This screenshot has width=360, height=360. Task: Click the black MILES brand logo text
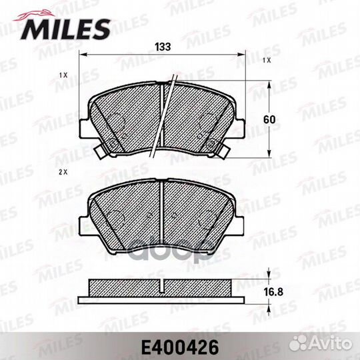tap(65, 29)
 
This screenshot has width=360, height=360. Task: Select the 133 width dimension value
tap(163, 47)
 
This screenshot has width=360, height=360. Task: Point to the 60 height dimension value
tap(269, 119)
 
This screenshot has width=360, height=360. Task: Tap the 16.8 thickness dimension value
tap(273, 292)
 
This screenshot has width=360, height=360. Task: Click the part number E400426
tap(180, 347)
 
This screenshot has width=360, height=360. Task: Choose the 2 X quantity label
tap(63, 172)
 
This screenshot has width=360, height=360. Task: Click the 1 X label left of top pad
tap(63, 75)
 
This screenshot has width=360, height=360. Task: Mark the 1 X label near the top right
tap(267, 61)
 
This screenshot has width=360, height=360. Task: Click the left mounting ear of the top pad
tap(83, 129)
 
